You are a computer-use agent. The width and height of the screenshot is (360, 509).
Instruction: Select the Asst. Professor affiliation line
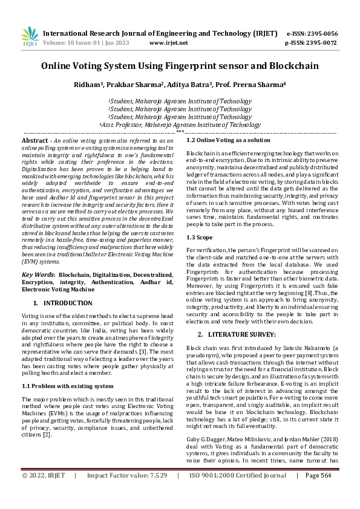[x=180, y=125]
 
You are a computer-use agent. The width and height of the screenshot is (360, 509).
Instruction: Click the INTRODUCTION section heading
[x=68, y=302]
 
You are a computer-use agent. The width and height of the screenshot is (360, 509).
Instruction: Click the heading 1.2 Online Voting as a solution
[x=228, y=140]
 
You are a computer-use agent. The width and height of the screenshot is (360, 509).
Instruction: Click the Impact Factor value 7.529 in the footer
[x=155, y=493]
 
